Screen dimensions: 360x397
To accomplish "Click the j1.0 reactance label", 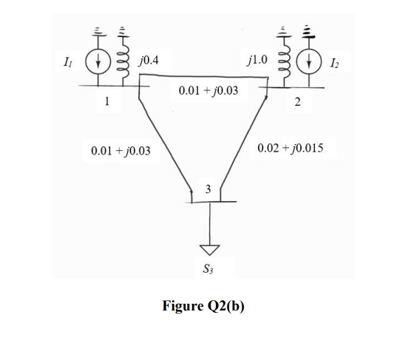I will point(259,57).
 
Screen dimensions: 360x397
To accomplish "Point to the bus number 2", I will point(297,102).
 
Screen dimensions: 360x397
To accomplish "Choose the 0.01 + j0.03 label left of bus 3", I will point(120,151).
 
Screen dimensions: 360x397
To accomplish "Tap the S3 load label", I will point(209,269).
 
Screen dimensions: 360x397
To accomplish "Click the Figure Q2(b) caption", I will point(203,305).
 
